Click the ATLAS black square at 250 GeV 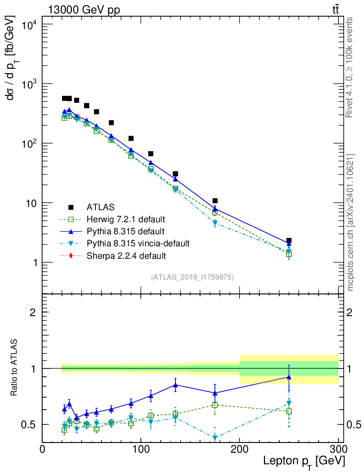click(x=289, y=241)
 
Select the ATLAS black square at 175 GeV click(x=215, y=201)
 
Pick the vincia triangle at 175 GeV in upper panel click(x=215, y=223)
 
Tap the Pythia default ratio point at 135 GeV click(x=176, y=385)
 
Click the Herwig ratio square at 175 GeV click(x=215, y=405)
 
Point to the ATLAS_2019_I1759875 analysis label click(x=192, y=277)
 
